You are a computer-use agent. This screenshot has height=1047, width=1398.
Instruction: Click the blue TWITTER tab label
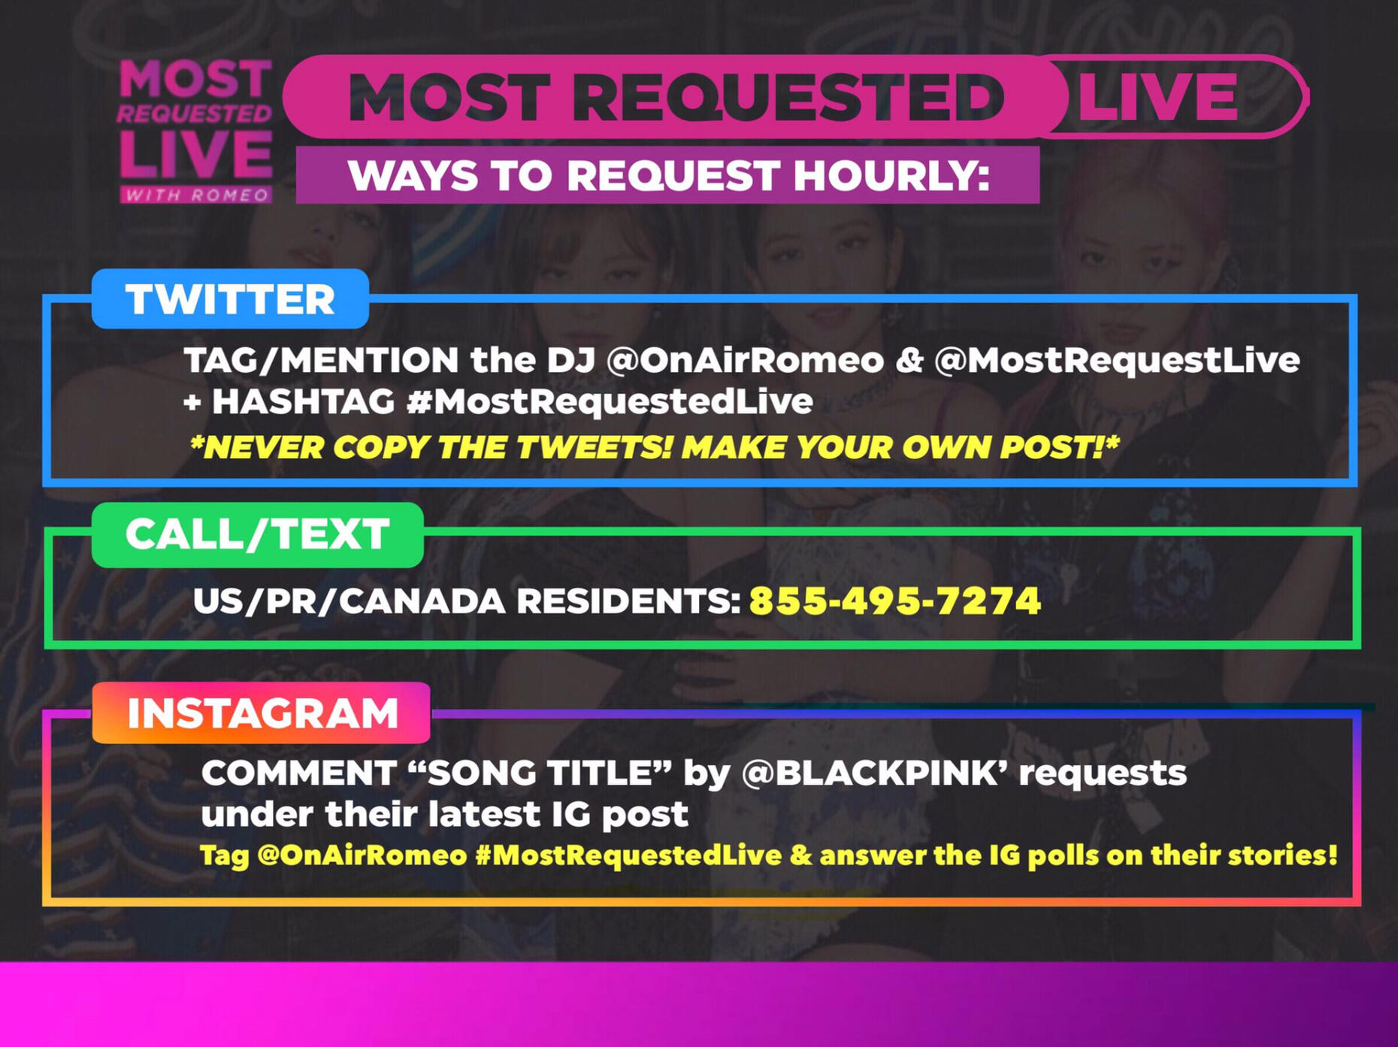[x=230, y=299]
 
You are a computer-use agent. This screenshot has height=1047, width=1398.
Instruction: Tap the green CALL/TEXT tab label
[x=257, y=534]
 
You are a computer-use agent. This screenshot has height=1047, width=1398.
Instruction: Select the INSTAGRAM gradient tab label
[x=262, y=713]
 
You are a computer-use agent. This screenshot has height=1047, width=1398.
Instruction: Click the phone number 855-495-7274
[x=895, y=601]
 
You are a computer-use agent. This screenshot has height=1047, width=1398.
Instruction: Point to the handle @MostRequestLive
[x=1117, y=360]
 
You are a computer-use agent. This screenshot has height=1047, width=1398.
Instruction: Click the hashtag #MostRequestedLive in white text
[x=610, y=401]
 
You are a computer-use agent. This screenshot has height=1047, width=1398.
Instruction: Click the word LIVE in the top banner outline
[x=1157, y=97]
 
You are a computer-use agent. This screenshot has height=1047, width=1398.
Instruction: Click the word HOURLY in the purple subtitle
[x=891, y=175]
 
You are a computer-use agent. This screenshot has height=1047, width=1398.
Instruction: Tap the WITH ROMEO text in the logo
[x=196, y=195]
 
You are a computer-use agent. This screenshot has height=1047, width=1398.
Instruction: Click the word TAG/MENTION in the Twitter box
[x=322, y=361]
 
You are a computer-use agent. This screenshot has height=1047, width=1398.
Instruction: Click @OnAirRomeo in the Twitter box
[x=745, y=360]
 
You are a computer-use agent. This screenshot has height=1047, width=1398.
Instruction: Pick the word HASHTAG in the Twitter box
[x=303, y=401]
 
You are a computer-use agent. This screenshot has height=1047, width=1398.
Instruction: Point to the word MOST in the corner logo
[x=195, y=78]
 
